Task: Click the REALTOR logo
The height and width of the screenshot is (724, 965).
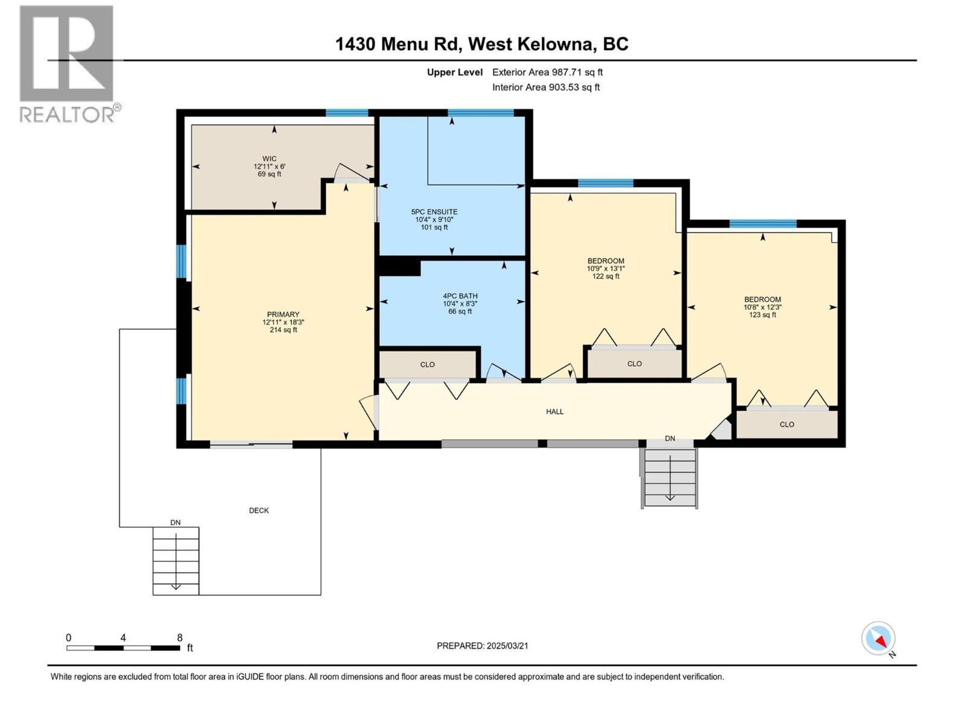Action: click(67, 63)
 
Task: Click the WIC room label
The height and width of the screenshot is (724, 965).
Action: click(269, 167)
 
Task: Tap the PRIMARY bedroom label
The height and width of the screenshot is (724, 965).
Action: click(283, 322)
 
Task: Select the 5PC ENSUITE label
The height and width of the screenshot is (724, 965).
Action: click(434, 219)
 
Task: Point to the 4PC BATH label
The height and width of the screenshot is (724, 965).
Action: click(460, 303)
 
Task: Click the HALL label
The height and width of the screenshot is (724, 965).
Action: click(554, 411)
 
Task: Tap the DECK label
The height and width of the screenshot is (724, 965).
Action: click(259, 510)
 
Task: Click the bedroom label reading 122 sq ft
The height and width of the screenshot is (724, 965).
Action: click(606, 268)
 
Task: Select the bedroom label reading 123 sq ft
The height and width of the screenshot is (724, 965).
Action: click(762, 306)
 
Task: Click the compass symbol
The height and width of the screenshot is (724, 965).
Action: click(878, 638)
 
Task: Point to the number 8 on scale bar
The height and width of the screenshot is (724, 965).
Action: click(180, 637)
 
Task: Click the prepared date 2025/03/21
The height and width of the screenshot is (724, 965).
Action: click(482, 646)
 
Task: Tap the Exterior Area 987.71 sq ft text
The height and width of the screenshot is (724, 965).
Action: click(547, 72)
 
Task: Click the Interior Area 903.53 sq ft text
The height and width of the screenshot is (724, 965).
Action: click(545, 87)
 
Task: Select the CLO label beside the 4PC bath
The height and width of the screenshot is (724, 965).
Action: click(427, 364)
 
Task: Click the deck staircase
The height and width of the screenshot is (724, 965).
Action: click(176, 560)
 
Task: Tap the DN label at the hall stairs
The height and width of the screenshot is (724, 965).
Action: click(669, 439)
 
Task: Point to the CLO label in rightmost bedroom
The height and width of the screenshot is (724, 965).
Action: click(786, 424)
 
